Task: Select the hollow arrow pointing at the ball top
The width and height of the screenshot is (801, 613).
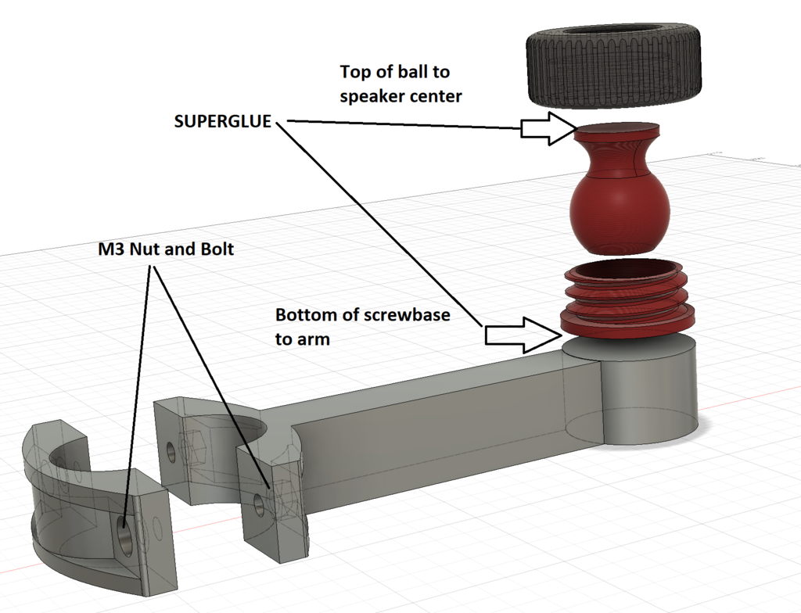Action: pyautogui.click(x=548, y=128)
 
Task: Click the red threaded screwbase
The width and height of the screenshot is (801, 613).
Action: pyautogui.click(x=627, y=301)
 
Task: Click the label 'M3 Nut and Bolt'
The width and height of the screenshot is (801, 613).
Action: pyautogui.click(x=166, y=249)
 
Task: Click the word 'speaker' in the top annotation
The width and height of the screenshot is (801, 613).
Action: pyautogui.click(x=368, y=97)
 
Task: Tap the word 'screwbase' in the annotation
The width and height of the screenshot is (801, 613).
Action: pyautogui.click(x=404, y=316)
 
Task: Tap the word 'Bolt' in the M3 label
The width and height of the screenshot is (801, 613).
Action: pyautogui.click(x=216, y=249)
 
